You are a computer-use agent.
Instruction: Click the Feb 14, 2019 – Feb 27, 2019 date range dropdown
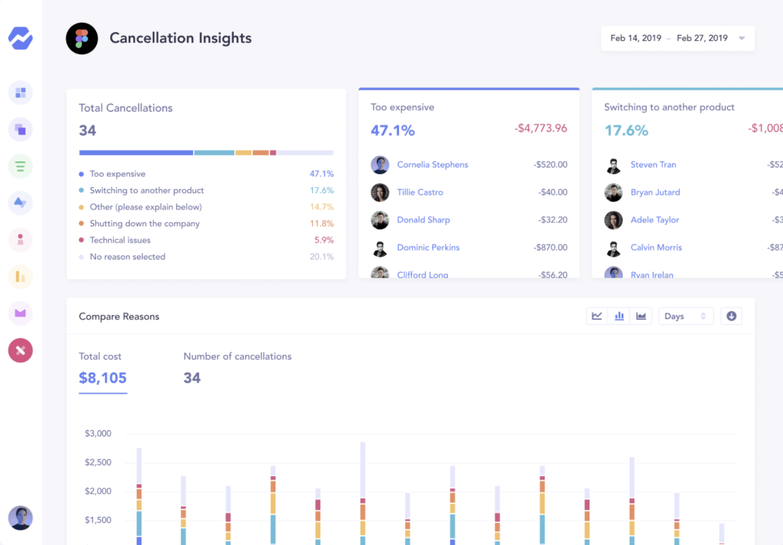pos(678,38)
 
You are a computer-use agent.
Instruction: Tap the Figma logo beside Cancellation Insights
pos(82,38)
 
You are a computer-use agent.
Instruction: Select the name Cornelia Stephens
pos(432,165)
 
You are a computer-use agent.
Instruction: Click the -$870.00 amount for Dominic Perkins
pos(550,247)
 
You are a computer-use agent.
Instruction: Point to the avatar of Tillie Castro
pos(380,192)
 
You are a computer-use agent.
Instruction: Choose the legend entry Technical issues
pos(120,240)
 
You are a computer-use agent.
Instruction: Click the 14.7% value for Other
pos(322,207)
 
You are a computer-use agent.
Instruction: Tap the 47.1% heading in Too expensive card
pos(393,130)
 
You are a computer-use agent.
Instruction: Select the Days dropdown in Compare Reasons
pos(685,316)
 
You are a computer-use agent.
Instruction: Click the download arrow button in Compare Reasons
pos(731,316)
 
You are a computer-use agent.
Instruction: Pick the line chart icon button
pos(597,316)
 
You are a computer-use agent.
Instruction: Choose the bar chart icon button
pos(619,316)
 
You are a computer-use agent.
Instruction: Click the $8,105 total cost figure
pos(103,378)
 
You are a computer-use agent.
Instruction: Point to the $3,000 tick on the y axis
pos(98,433)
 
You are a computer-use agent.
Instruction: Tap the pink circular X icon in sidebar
pos(20,351)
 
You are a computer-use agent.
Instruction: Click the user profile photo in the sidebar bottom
pos(20,518)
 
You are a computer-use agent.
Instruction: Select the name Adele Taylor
pos(654,220)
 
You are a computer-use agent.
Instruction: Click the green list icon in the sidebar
pos(20,167)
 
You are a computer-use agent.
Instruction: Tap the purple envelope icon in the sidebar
pos(20,313)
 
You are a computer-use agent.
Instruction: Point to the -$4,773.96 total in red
pos(540,128)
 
